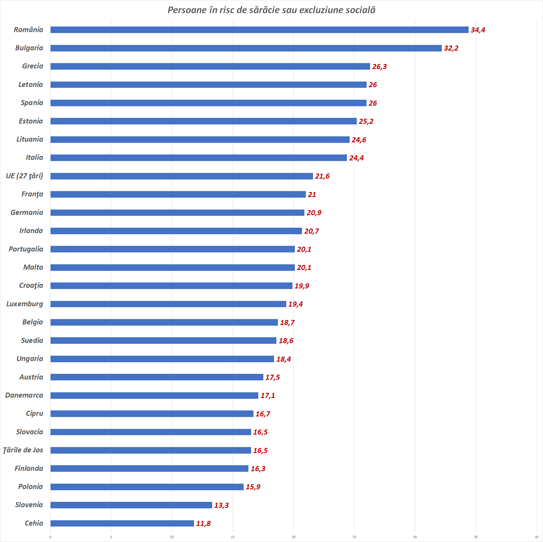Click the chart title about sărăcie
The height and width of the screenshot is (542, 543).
(271, 10)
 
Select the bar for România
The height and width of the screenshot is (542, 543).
(259, 30)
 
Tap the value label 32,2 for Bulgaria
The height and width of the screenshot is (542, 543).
(451, 48)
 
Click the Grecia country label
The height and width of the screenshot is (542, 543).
(32, 66)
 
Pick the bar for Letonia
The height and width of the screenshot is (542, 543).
(208, 85)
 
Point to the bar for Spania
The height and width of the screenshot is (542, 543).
(208, 103)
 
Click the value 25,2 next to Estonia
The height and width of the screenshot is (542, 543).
(366, 121)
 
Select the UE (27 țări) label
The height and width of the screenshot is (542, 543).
(24, 176)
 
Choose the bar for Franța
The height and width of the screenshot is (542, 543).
(178, 194)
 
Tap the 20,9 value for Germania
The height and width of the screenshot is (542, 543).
(314, 213)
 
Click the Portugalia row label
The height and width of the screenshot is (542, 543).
(26, 249)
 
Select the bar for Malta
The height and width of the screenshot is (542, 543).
(173, 268)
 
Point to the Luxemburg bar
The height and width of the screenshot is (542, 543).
(168, 304)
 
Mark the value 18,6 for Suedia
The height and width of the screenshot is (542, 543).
(286, 341)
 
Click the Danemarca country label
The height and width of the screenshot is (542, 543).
(24, 395)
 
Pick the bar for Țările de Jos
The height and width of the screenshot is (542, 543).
(151, 450)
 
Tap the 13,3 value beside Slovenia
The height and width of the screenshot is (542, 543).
(221, 505)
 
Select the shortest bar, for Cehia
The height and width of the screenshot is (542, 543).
(122, 523)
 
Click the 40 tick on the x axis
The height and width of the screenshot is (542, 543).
(536, 537)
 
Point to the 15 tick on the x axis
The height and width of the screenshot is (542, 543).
(233, 537)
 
